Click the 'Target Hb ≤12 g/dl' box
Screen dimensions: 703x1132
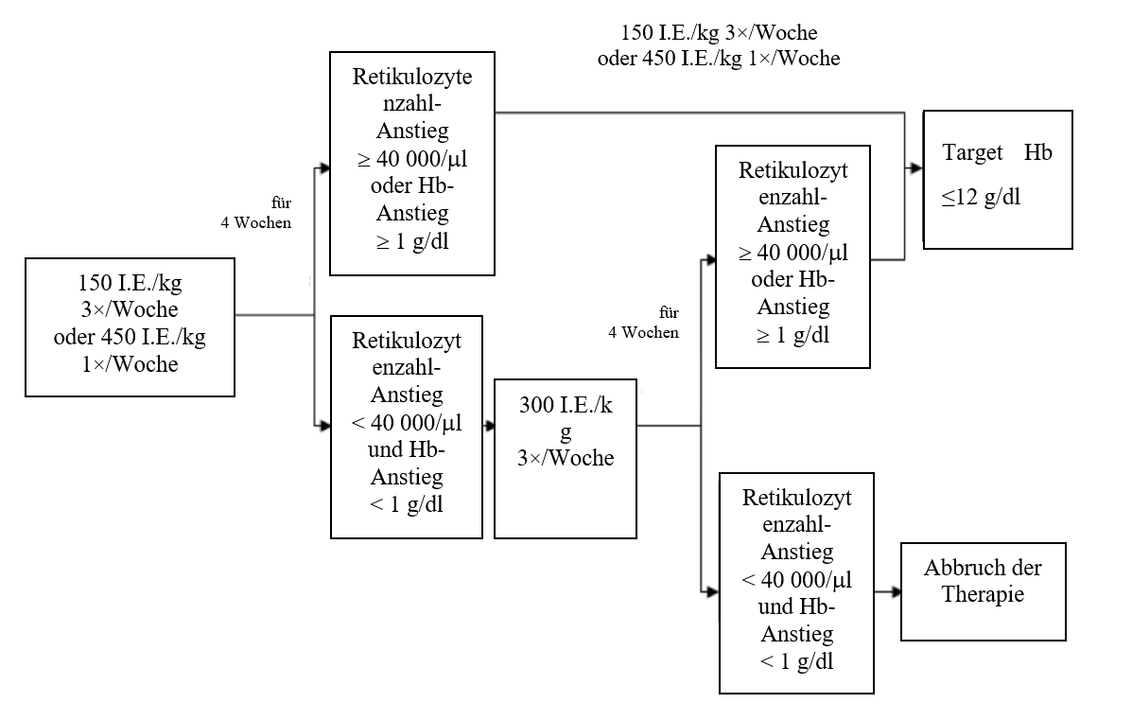pos(998,179)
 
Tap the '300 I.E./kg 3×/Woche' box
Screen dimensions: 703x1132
pos(566,459)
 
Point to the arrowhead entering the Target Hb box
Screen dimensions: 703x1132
pos(916,168)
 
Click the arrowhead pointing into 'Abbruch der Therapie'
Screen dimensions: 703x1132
pos(893,592)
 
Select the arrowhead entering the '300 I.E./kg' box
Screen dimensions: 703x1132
pos(488,426)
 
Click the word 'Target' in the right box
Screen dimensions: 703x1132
pos(973,152)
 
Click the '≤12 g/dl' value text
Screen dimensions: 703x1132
pos(981,197)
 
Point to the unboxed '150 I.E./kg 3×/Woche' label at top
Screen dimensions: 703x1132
pos(718,34)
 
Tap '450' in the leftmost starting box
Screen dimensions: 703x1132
pos(124,336)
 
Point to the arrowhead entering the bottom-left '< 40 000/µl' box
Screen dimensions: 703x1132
pos(323,426)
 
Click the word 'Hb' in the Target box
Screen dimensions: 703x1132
pos(1037,152)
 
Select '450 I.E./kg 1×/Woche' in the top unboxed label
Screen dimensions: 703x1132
pos(718,58)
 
